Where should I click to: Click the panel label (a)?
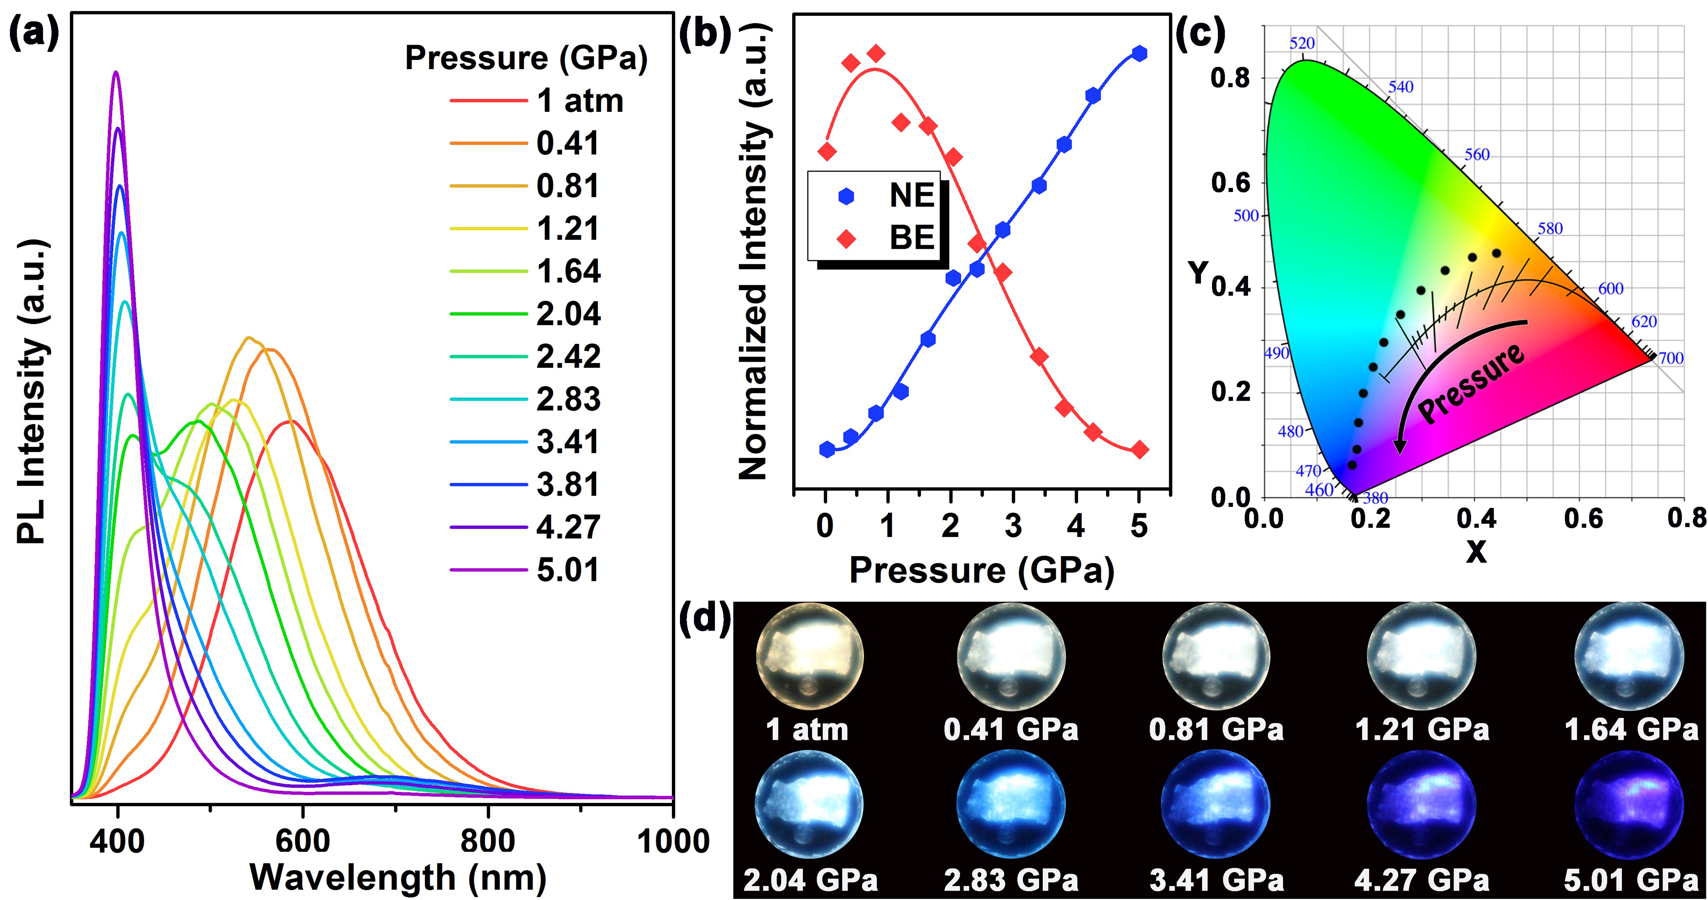(33, 33)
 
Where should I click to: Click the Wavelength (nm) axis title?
(398, 878)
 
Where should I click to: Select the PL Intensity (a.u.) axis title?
(32, 391)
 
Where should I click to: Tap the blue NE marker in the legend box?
(846, 196)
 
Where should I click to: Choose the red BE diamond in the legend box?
(846, 238)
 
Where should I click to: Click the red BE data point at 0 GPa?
(827, 152)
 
